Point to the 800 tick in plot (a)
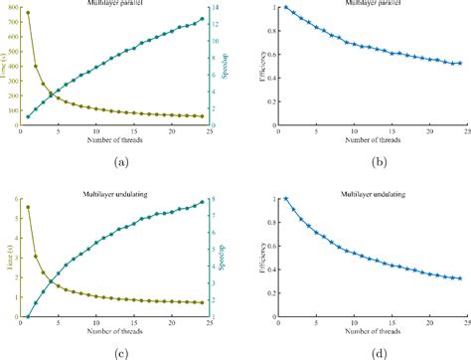(11, 7)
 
